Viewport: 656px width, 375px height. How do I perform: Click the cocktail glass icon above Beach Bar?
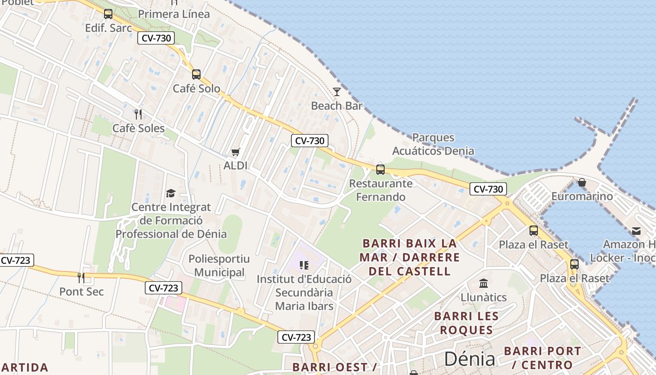(336, 91)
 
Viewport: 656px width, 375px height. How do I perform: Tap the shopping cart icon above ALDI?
(235, 152)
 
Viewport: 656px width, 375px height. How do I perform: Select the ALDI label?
(235, 165)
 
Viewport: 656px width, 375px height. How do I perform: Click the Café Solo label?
(196, 88)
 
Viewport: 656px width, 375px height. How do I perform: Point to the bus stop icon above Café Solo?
(196, 74)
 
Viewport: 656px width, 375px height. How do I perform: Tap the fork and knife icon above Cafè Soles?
(138, 114)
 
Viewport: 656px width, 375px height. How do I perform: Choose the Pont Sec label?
(82, 292)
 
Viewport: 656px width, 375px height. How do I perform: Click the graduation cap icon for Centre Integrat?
(171, 193)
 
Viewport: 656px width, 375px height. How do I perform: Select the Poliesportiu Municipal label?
(219, 265)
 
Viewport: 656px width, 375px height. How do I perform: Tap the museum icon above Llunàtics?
(484, 283)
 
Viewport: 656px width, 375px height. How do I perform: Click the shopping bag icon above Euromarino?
(582, 182)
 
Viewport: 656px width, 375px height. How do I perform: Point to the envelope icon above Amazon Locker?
(636, 231)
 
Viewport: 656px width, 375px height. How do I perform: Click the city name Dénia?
(470, 359)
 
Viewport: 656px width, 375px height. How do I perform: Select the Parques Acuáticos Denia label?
(433, 144)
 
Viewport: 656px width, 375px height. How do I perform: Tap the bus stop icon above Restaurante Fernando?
(380, 169)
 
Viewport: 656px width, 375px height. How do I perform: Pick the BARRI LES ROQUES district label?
(466, 323)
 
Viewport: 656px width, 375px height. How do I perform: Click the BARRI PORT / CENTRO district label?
(543, 358)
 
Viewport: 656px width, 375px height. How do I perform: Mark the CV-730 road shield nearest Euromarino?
(488, 189)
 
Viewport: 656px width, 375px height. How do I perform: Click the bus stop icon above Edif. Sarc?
(108, 14)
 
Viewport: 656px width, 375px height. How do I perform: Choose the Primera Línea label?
(174, 14)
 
